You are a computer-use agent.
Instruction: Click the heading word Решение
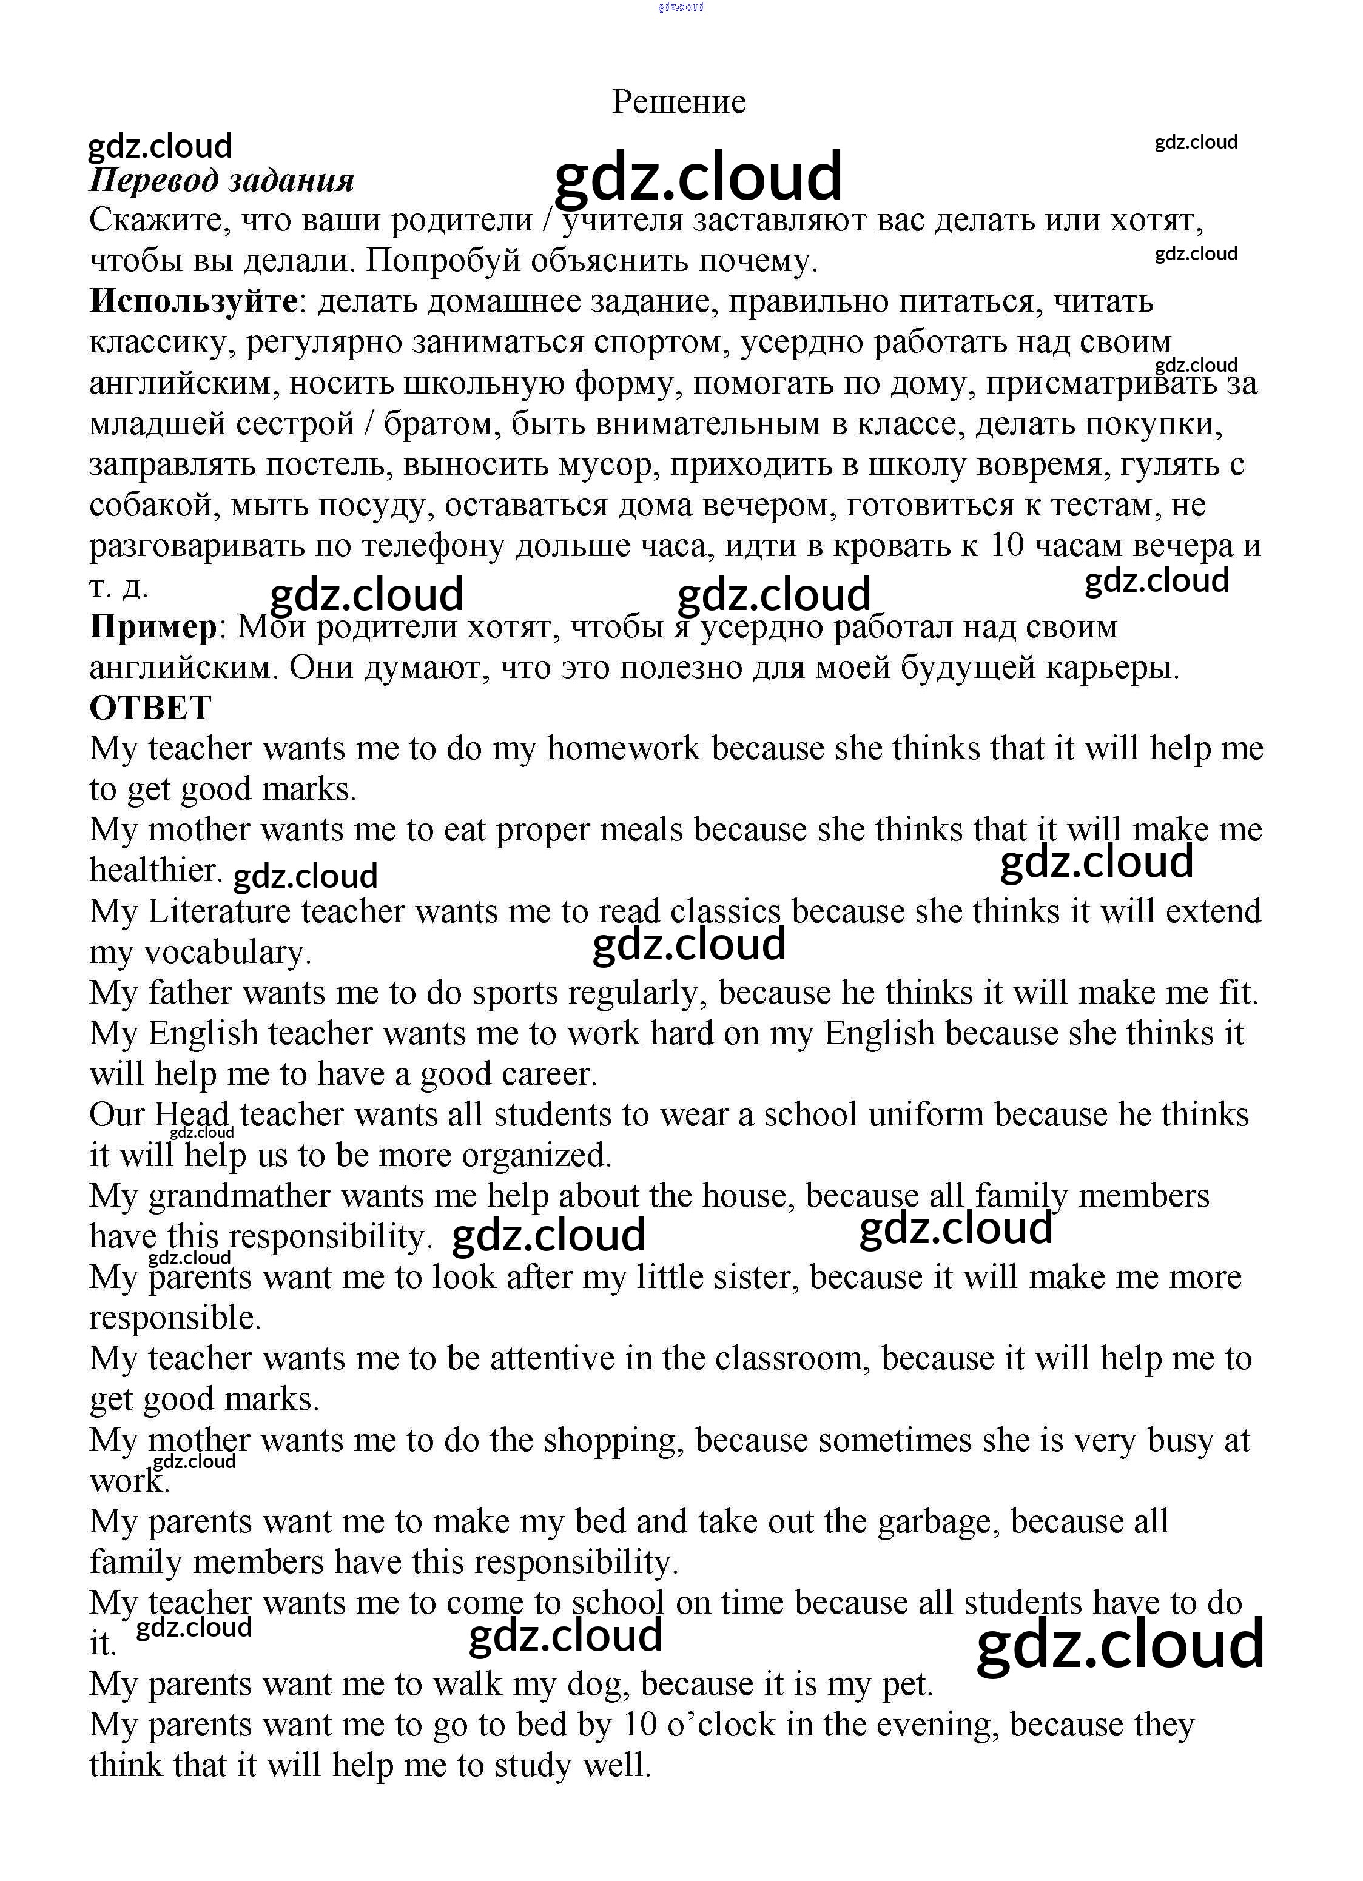679,102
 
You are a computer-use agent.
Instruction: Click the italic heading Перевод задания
221,180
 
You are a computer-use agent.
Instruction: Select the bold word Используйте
194,300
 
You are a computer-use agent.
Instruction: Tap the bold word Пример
153,626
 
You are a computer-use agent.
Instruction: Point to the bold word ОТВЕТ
150,708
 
